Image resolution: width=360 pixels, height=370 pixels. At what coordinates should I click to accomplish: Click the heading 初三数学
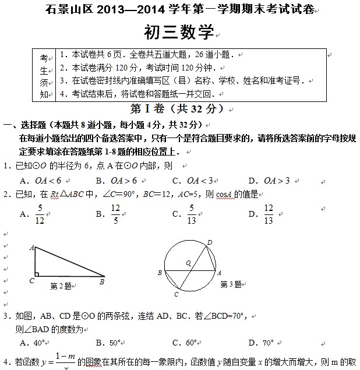pos(179,33)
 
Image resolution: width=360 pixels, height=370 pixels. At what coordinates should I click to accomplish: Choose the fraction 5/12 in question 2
pos(40,214)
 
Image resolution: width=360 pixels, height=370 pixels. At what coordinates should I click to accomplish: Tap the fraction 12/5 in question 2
pos(116,214)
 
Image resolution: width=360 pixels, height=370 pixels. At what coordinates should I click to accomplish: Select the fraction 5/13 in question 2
pos(192,214)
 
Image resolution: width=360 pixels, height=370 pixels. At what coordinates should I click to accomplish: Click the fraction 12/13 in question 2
pos(269,214)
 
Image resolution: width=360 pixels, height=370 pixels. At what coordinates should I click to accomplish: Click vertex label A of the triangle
pos(31,247)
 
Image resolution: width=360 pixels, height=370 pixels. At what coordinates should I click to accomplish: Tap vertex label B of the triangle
pos(102,281)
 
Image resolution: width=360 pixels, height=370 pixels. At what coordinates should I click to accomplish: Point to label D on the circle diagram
pos(209,242)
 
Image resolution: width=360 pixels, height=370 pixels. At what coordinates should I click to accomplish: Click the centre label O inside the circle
pos(188,263)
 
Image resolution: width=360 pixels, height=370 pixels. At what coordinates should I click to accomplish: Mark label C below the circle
pos(175,294)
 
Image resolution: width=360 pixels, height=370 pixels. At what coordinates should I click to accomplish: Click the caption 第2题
pos(61,286)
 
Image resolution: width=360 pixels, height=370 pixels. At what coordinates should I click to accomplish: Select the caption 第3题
pos(231,284)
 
